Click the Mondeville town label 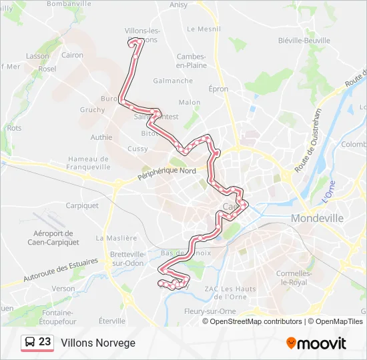pyautogui.click(x=317, y=218)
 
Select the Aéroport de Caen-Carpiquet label pyautogui.click(x=56, y=237)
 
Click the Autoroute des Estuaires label pyautogui.click(x=61, y=269)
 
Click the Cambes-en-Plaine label pyautogui.click(x=191, y=61)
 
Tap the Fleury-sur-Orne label pyautogui.click(x=228, y=309)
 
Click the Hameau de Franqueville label pyautogui.click(x=88, y=163)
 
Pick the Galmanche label pyautogui.click(x=173, y=81)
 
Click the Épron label pyautogui.click(x=218, y=89)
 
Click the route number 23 pyautogui.click(x=45, y=342)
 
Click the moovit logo pyautogui.click(x=316, y=343)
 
